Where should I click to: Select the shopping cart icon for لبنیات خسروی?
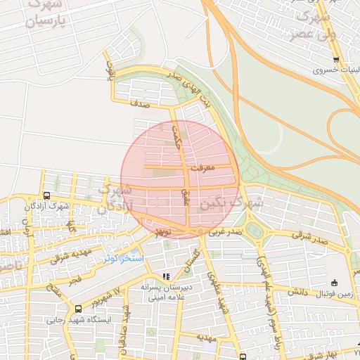(336, 59)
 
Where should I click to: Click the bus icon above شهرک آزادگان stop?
(46, 196)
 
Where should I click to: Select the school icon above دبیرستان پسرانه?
(166, 276)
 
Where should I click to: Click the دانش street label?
(298, 290)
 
